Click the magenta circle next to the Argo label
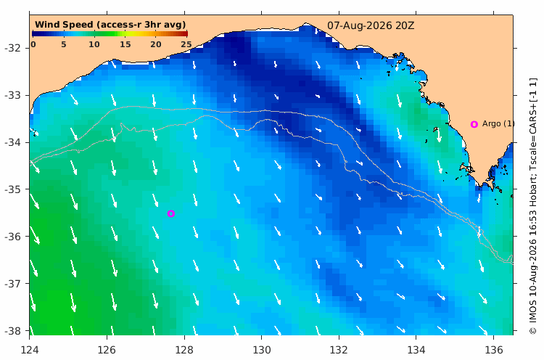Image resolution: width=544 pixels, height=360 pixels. pos(474,124)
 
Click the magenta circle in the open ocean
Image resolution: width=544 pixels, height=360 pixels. pos(170,213)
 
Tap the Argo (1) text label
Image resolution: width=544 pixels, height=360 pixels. pos(498,123)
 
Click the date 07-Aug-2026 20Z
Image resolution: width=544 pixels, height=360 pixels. pos(371,25)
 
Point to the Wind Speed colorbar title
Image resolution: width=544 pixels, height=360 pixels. pos(110,25)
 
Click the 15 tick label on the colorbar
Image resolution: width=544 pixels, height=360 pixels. pos(125,44)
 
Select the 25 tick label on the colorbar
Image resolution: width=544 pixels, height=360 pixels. pos(186,44)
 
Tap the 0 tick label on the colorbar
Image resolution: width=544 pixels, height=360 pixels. pos(33,44)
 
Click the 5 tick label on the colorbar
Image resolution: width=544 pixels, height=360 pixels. pos(64,44)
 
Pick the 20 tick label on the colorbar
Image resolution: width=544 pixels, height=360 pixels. pos(156,44)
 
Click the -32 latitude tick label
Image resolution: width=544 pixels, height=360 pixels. pos(12,48)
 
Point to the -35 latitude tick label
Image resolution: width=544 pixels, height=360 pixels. pos(12,189)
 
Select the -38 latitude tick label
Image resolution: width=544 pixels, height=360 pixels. pos(12,331)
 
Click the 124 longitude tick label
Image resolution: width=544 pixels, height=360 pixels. pos(30,349)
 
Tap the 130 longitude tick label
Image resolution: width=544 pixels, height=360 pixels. pos(262,349)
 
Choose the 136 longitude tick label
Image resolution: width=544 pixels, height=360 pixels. pos(493,349)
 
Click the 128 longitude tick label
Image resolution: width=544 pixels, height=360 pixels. pos(184,349)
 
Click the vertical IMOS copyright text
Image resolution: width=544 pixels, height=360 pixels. pos(533,206)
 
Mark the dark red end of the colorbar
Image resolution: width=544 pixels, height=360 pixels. pos(186,33)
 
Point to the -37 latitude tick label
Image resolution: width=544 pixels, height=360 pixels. pos(12,284)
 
